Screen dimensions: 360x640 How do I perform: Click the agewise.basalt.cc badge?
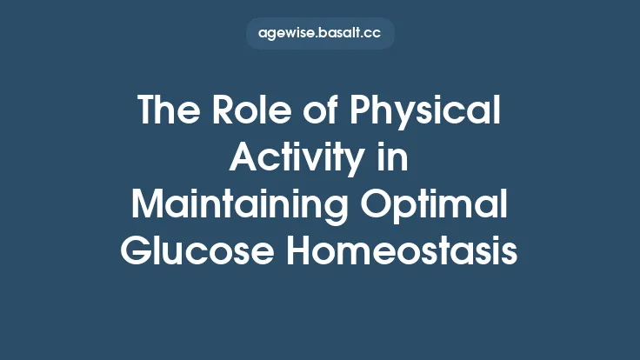pos(320,34)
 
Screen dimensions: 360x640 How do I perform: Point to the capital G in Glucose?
pos(135,253)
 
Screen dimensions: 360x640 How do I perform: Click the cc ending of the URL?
pos(373,35)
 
